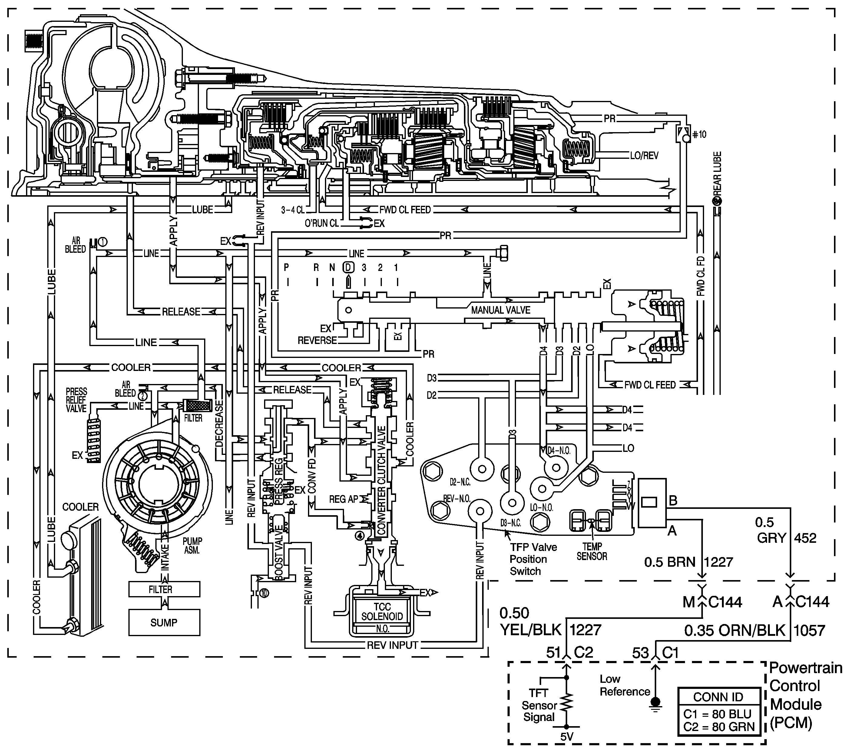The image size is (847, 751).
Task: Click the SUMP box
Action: (x=164, y=622)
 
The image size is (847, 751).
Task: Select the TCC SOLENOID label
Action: (x=382, y=612)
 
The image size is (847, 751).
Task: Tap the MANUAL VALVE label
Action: (x=501, y=310)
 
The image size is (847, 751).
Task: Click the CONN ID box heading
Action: (x=718, y=697)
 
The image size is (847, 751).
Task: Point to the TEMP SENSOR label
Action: (x=592, y=552)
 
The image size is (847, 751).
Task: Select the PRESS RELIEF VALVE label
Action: (x=76, y=400)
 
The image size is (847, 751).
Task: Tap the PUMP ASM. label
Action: (x=192, y=546)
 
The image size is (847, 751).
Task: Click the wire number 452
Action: (x=805, y=538)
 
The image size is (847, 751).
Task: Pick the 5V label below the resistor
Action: (x=567, y=737)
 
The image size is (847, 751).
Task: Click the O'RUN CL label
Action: (x=322, y=224)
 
